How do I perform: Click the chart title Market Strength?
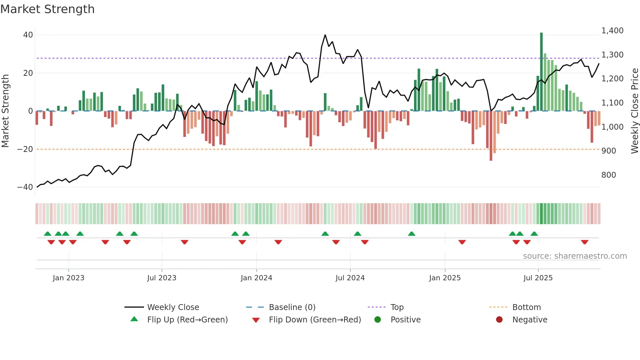[47, 9]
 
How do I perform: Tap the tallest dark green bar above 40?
[541, 72]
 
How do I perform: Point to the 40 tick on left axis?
[28, 35]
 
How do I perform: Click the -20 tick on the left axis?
[25, 149]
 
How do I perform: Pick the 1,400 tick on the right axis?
[612, 31]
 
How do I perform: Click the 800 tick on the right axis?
[609, 175]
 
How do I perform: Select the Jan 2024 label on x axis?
[256, 278]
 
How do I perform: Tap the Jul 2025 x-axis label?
[538, 278]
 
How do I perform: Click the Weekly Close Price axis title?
[634, 111]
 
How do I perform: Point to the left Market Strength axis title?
[6, 111]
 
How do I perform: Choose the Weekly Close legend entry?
[173, 307]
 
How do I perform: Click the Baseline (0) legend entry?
[292, 307]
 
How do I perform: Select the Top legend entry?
[397, 307]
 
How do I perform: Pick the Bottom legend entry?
[526, 307]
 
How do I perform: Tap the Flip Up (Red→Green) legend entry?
[187, 320]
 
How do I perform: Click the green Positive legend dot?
[377, 320]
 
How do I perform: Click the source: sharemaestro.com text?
[575, 256]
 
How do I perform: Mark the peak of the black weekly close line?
[325, 35]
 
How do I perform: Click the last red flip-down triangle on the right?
[584, 242]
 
